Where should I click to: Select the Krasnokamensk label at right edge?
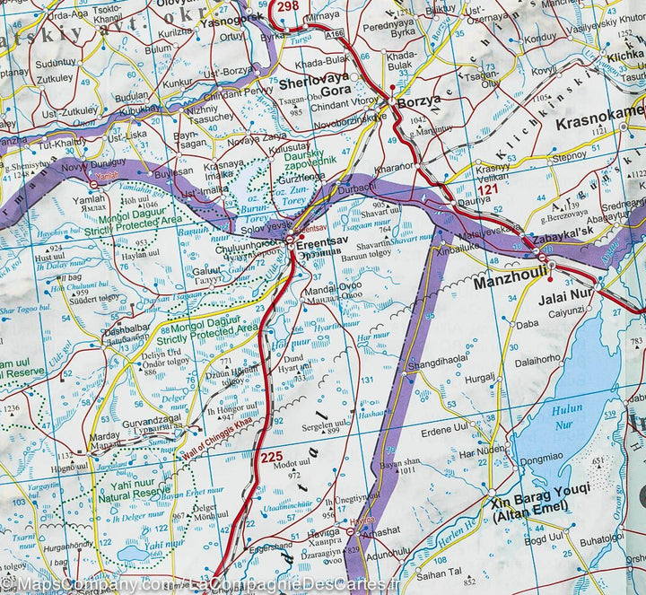pyautogui.click(x=600, y=111)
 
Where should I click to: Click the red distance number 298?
pyautogui.click(x=288, y=7)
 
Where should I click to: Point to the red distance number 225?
pyautogui.click(x=271, y=458)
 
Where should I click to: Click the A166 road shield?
pyautogui.click(x=335, y=32)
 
